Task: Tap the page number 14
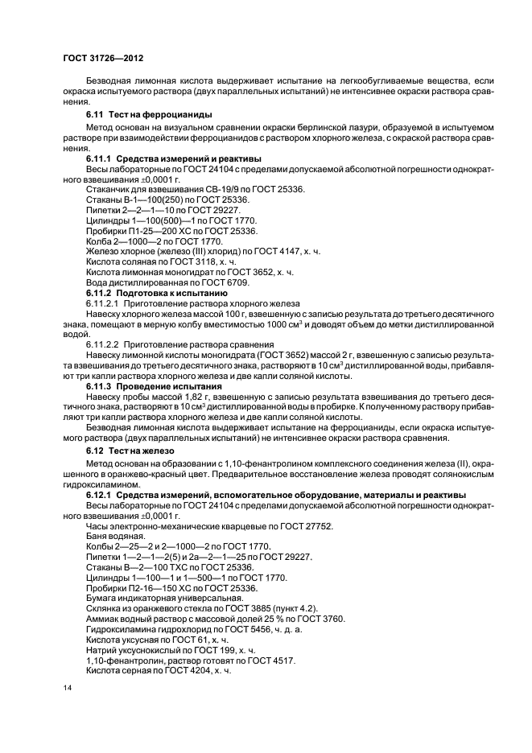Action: pos(68,689)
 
